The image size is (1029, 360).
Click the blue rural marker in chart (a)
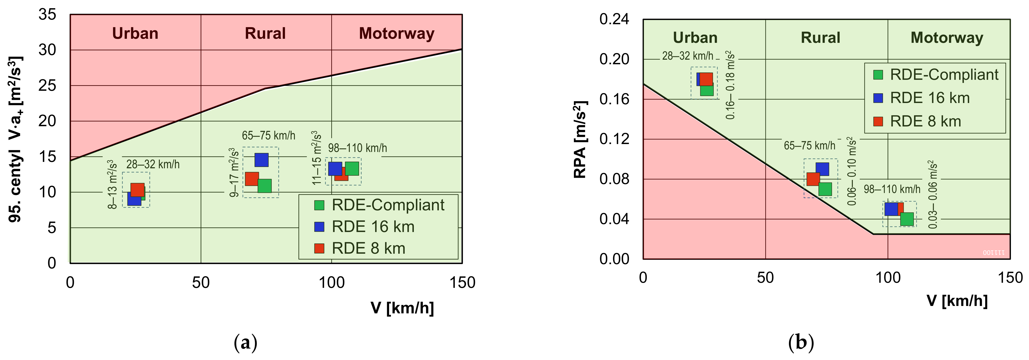(x=261, y=160)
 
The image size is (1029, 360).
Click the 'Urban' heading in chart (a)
(x=135, y=33)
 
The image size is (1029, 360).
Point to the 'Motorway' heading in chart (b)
(x=947, y=37)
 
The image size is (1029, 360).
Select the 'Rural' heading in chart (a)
(x=265, y=33)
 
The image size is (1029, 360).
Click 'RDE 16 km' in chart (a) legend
(x=373, y=227)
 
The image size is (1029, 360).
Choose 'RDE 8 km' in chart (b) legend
(x=925, y=121)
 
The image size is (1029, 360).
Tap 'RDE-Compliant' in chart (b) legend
(x=944, y=75)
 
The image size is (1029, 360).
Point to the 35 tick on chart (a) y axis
(x=47, y=15)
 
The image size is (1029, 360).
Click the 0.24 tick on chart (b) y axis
(x=614, y=19)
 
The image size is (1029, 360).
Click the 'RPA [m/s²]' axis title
(x=580, y=139)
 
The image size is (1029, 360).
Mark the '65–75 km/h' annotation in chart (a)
(x=268, y=135)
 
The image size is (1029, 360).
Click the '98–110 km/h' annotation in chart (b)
(x=892, y=189)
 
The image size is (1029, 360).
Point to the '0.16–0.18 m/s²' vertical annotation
(x=730, y=85)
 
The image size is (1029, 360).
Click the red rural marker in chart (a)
(x=252, y=179)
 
